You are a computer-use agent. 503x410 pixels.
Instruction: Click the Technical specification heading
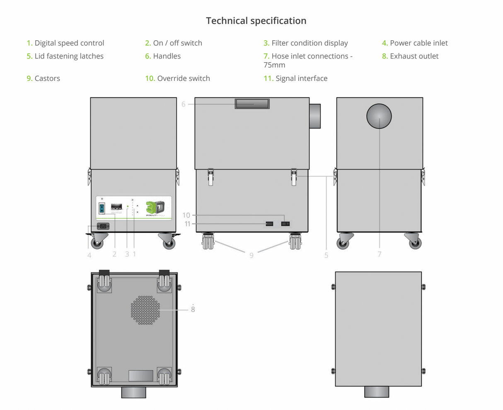256,21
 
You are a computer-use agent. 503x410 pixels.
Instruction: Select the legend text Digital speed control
69,43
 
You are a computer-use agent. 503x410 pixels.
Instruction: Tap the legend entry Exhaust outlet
414,56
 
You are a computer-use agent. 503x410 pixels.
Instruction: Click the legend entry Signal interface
301,78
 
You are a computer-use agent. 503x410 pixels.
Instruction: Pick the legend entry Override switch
183,78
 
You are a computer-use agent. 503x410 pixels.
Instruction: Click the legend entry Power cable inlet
418,43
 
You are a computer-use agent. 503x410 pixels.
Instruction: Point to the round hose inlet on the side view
379,116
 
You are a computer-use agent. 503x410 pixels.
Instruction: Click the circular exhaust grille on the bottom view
145,310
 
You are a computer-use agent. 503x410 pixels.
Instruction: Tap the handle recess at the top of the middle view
252,104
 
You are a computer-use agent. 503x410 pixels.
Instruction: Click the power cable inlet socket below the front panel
103,226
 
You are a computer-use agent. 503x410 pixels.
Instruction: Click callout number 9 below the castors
251,256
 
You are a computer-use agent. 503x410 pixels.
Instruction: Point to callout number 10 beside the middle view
186,215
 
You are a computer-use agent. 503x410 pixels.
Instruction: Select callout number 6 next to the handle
183,104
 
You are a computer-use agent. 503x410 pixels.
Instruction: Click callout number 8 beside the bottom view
193,310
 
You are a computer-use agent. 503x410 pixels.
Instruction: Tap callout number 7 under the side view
379,254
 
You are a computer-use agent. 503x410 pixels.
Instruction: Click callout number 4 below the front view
89,255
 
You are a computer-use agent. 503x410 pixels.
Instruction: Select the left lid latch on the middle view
210,177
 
